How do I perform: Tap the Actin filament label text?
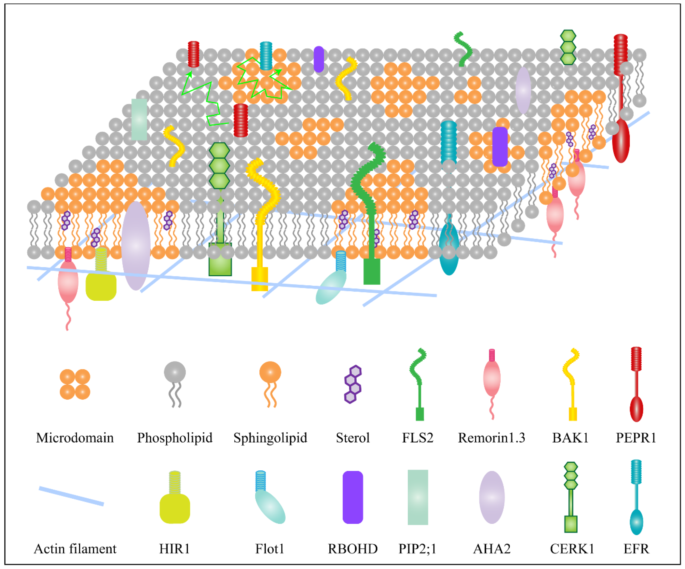pyautogui.click(x=75, y=549)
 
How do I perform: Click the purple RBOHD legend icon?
pyautogui.click(x=353, y=497)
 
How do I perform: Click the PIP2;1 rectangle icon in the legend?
pyautogui.click(x=418, y=497)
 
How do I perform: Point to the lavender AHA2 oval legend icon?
pyautogui.click(x=492, y=497)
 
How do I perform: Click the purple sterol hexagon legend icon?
pyautogui.click(x=353, y=384)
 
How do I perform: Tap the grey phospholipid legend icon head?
pyautogui.click(x=175, y=372)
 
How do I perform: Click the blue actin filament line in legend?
pyautogui.click(x=71, y=496)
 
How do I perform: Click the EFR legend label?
pyautogui.click(x=636, y=549)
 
